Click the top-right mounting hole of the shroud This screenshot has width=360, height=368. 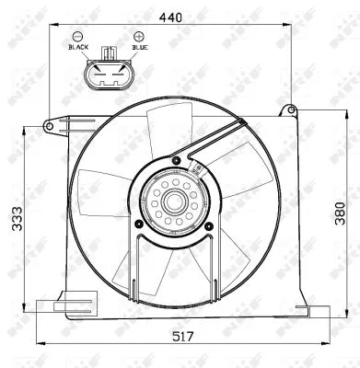294,111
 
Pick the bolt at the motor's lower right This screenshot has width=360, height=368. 210,224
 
